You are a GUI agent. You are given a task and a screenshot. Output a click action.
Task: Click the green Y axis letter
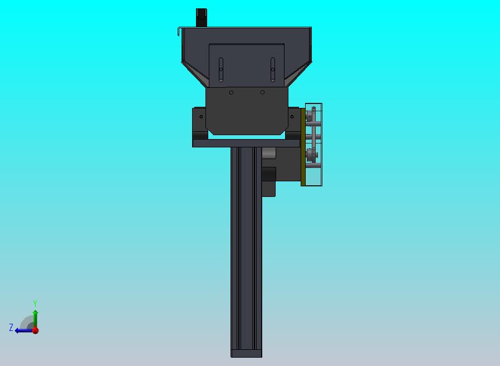[x=35, y=303]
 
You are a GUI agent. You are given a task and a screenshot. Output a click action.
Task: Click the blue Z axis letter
[x=11, y=327]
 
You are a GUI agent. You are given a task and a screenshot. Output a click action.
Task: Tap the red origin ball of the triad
[x=36, y=330]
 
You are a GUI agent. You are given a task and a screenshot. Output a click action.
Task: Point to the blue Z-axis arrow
[x=24, y=331]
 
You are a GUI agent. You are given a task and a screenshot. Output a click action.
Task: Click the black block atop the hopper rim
[x=201, y=17]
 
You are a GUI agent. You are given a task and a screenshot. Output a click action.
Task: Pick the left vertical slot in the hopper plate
[x=221, y=70]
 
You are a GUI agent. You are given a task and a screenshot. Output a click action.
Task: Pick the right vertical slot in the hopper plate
[x=273, y=70]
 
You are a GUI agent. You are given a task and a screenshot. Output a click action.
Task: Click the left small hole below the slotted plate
[x=231, y=92]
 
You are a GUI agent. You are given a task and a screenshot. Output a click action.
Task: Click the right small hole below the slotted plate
[x=262, y=92]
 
